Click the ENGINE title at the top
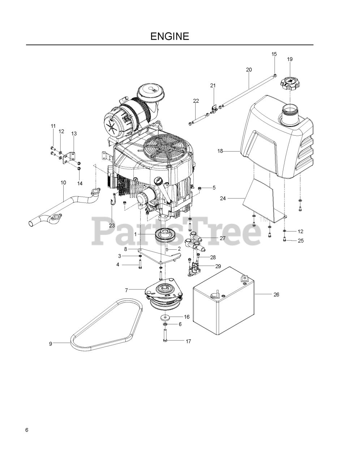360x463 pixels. tap(170, 36)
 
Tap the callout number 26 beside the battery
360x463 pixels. tap(276, 294)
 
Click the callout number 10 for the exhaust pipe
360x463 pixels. tap(63, 183)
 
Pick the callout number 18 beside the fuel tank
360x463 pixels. tap(220, 151)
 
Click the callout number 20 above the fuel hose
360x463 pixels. tap(249, 69)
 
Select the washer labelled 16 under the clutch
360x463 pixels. tap(166, 317)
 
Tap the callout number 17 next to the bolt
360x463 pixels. tap(188, 341)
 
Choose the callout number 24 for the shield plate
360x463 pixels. tap(223, 198)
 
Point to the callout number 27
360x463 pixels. tap(223, 238)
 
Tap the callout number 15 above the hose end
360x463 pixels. tap(274, 54)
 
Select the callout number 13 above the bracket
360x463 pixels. tap(74, 133)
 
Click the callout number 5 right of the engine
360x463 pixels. tap(214, 188)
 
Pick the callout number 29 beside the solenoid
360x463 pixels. tap(218, 266)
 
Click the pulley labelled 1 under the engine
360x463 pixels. tap(165, 235)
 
